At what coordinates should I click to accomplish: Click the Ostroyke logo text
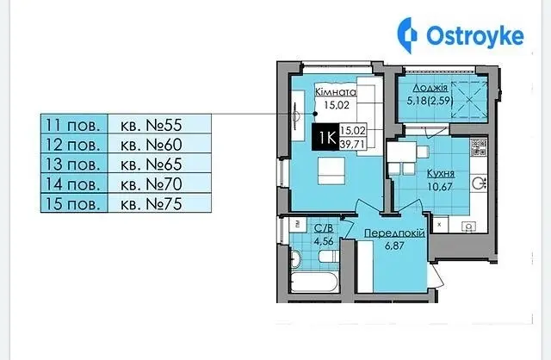coord(474,36)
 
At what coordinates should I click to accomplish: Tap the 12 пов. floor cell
coord(74,144)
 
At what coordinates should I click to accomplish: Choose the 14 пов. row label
coord(74,183)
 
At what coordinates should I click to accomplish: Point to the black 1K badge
coord(325,138)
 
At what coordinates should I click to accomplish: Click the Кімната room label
coord(336,92)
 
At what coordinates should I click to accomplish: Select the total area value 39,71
coord(353,144)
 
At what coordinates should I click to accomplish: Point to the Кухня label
coord(441,174)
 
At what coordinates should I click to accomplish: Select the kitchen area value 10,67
coord(440,186)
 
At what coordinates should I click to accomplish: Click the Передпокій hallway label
coord(394,233)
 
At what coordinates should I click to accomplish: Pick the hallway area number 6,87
coord(394,245)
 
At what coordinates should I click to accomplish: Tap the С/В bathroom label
coord(324,228)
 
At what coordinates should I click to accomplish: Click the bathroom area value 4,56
coord(324,241)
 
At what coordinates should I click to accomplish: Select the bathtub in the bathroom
coord(314,282)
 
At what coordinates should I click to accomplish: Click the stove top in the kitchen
coord(479,146)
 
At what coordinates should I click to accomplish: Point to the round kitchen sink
coord(478,183)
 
